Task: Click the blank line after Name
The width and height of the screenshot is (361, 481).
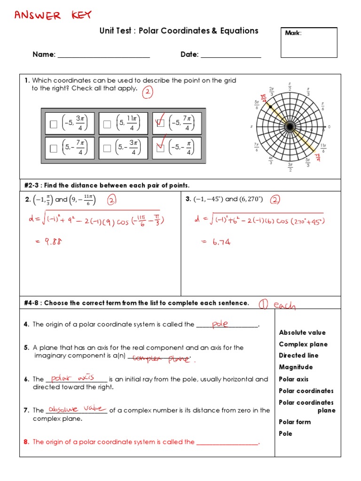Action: [103, 55]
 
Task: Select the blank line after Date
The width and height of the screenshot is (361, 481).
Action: [230, 55]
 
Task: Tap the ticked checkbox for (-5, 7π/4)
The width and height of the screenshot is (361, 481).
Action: [160, 124]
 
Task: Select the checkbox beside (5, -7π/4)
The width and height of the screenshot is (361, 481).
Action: [54, 149]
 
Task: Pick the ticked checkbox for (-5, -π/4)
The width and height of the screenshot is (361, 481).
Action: [160, 148]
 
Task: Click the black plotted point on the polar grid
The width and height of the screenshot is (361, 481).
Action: [271, 107]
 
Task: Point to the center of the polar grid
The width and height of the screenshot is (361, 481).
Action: [290, 127]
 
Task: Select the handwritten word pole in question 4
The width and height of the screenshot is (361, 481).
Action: [220, 324]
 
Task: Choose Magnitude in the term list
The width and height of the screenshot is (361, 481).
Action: [296, 367]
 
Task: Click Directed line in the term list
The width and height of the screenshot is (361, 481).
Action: [298, 356]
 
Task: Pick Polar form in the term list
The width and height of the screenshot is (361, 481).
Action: [295, 422]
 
